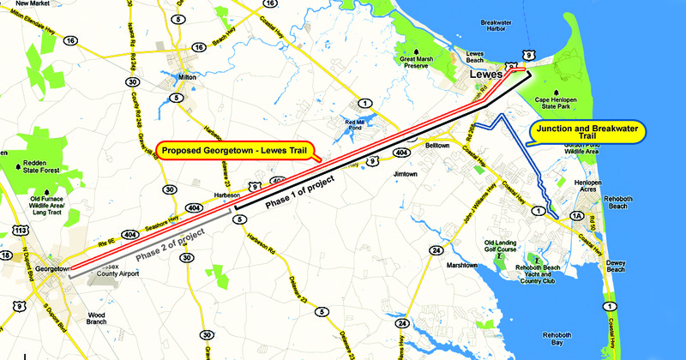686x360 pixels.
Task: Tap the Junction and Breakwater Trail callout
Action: pos(588,131)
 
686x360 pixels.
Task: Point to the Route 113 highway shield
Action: pos(21,231)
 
